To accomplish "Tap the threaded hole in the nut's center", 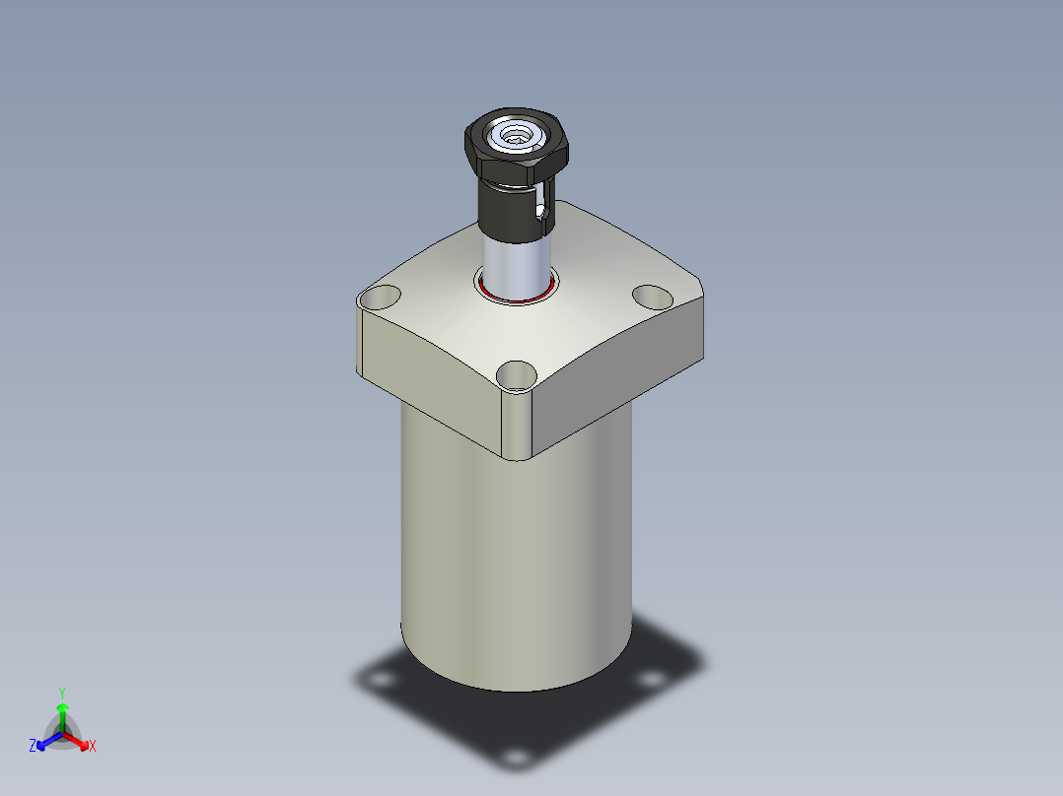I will coord(516,136).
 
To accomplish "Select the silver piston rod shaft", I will coord(515,266).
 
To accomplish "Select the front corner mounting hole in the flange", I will coord(517,374).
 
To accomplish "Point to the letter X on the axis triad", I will coord(93,747).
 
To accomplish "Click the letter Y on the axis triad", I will coord(61,692).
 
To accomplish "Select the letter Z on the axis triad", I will coord(33,746).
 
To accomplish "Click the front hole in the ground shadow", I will coord(513,757).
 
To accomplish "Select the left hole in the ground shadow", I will coord(379,680).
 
